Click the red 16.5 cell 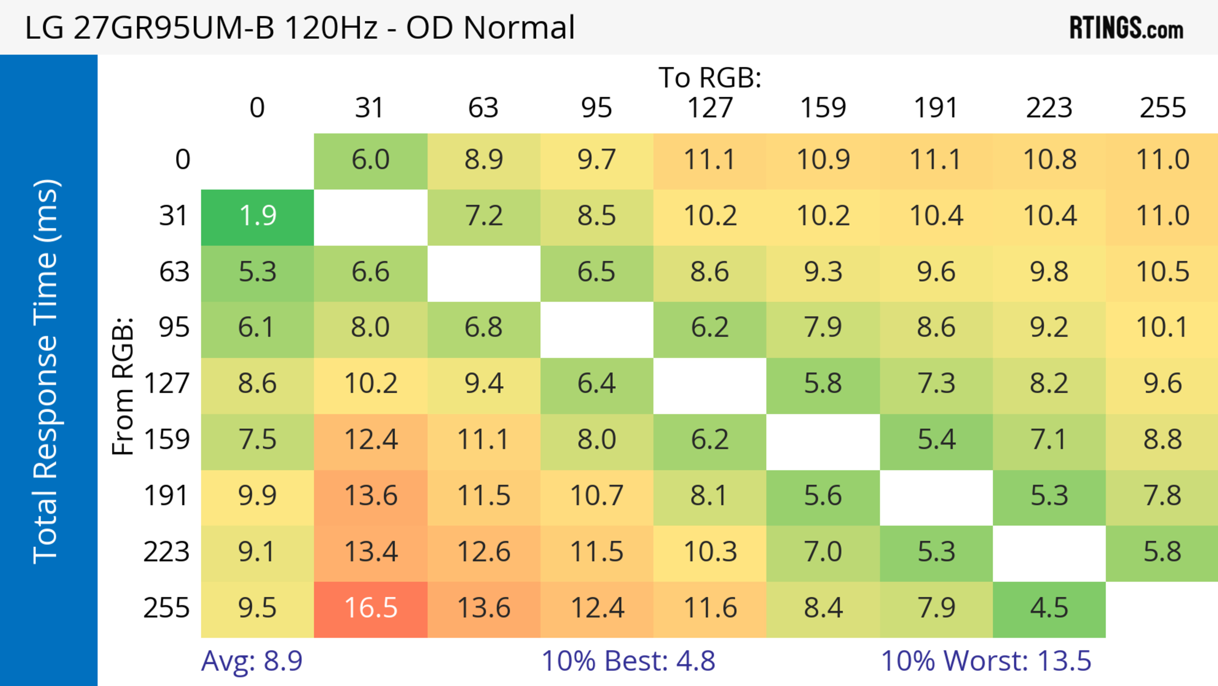tap(371, 609)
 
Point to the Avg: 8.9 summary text tap(252, 661)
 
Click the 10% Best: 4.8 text tap(628, 661)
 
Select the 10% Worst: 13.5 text tap(986, 661)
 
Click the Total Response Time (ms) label tap(46, 371)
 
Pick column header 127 tap(710, 108)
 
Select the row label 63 tap(174, 272)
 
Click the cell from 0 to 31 tap(371, 160)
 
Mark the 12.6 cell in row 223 tap(484, 552)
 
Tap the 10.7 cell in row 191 tap(597, 496)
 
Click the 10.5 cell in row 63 tap(1162, 272)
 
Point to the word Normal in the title tap(519, 27)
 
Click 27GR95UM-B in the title tap(174, 27)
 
